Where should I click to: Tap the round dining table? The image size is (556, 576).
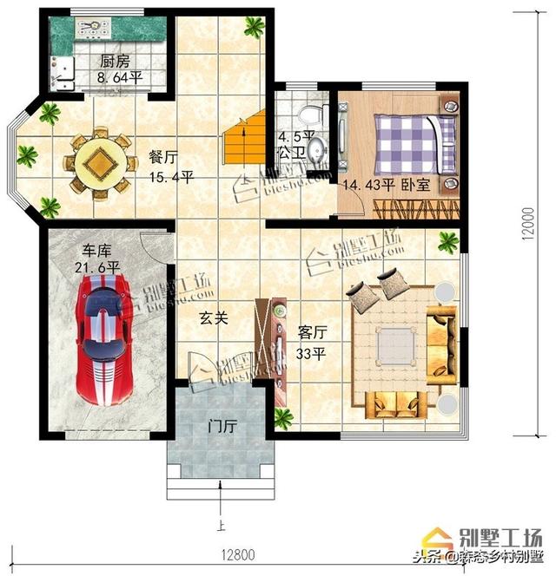click(102, 163)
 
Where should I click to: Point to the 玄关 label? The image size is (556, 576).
click(215, 318)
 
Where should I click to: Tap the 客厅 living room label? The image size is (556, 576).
click(312, 333)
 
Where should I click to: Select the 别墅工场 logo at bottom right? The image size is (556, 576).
click(503, 535)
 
